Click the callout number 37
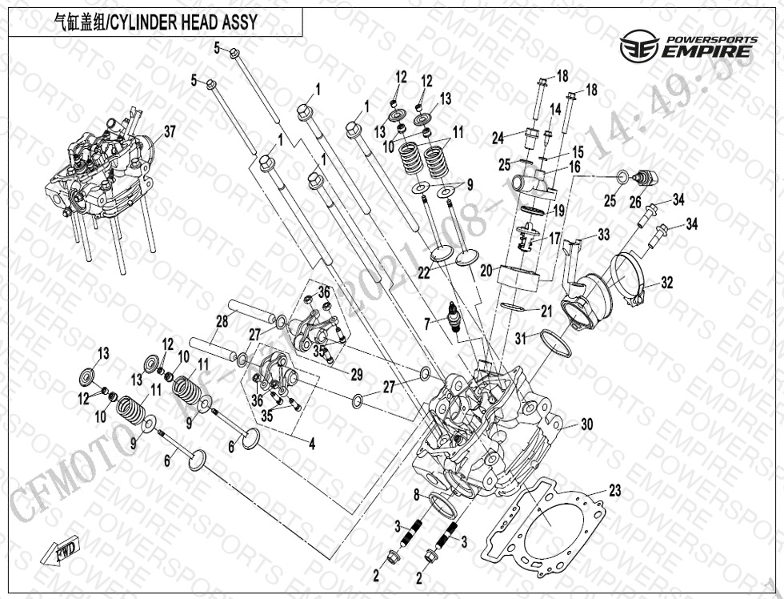click(x=169, y=131)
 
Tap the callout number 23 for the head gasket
click(x=614, y=491)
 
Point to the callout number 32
click(x=667, y=282)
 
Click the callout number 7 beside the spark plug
click(x=428, y=323)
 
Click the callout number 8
click(x=416, y=497)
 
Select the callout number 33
click(x=603, y=234)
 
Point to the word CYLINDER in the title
click(x=141, y=22)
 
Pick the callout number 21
click(x=546, y=310)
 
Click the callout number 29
click(x=357, y=375)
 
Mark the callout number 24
click(x=498, y=139)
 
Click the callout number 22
click(x=423, y=273)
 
